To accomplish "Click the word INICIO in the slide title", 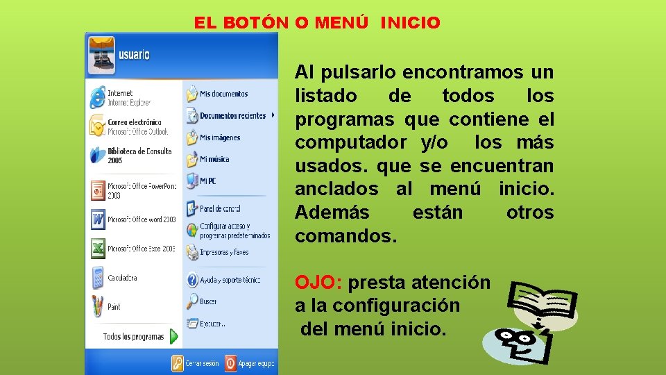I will point(410,23).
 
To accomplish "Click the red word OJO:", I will point(318,283).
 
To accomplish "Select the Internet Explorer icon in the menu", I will point(97,97).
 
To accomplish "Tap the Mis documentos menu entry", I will point(223,94).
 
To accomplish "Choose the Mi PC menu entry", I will point(207,181).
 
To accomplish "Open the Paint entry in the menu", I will point(114,306).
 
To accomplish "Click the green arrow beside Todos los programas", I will point(173,337).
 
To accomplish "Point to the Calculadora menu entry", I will point(122,278).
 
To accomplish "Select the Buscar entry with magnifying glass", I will point(208,301).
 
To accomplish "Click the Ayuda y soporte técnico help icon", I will point(192,280).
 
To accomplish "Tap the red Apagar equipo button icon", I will point(230,362).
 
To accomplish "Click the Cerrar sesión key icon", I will point(178,362).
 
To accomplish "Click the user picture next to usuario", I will point(101,55).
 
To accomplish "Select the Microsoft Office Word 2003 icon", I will point(97,219).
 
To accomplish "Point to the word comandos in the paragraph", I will point(345,236).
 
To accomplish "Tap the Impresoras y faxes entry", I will point(223,253).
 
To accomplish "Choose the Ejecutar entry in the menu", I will point(212,324).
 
